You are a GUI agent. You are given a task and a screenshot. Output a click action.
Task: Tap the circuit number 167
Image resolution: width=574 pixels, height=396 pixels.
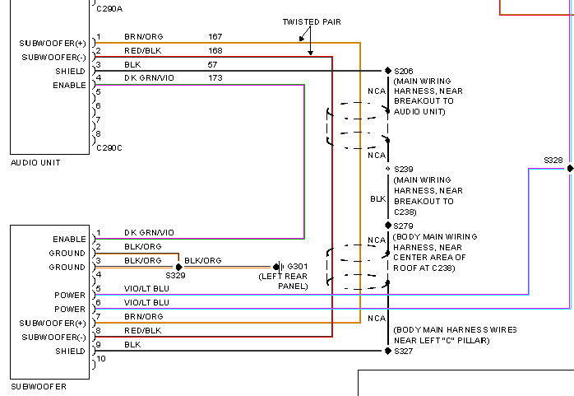click(x=215, y=37)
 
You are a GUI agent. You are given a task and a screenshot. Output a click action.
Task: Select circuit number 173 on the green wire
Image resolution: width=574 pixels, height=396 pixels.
click(x=215, y=78)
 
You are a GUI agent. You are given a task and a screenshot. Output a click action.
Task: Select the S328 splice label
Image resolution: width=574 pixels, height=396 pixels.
click(x=553, y=160)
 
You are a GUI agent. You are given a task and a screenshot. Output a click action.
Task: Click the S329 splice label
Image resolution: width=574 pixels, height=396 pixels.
click(x=175, y=276)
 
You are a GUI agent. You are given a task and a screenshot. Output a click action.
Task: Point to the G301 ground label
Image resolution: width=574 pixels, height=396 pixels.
click(x=297, y=267)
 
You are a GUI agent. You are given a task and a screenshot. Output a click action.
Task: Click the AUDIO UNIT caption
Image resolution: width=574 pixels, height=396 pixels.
click(x=35, y=163)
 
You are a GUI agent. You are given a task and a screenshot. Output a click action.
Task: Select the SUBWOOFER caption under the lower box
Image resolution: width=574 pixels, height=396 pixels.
click(x=39, y=386)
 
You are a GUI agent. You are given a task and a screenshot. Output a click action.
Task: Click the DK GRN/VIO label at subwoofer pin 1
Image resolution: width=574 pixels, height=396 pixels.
click(x=149, y=233)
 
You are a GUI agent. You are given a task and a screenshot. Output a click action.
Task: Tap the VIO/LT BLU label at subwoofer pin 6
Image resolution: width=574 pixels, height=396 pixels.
click(x=146, y=302)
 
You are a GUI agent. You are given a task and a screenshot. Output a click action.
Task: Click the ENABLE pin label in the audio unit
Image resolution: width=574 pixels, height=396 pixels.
click(x=69, y=85)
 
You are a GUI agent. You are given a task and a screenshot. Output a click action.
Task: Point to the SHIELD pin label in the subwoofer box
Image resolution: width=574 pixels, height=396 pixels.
click(x=70, y=351)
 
